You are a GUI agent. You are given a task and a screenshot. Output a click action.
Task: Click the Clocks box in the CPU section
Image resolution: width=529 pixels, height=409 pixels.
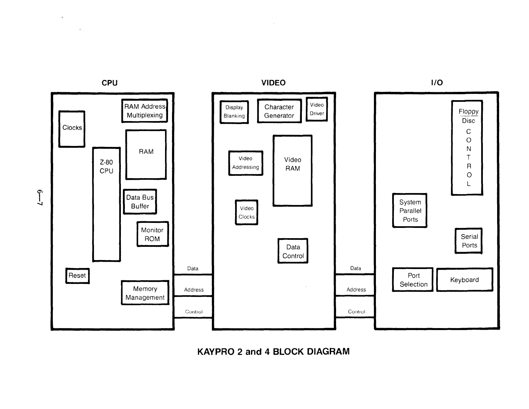72,129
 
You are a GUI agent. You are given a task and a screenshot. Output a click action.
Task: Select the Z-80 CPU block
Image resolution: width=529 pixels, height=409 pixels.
106,204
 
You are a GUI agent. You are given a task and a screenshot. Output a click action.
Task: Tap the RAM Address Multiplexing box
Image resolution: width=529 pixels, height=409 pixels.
144,111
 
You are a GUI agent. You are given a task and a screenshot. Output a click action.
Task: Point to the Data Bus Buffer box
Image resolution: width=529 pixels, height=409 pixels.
140,202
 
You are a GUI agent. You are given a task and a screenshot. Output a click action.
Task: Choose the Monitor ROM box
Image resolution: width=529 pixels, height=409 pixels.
152,234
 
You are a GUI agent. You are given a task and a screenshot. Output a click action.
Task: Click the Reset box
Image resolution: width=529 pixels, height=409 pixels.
77,276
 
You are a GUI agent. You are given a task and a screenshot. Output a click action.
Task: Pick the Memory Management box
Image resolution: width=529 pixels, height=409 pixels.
145,293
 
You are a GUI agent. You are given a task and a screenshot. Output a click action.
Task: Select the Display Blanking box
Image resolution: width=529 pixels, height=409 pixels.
234,112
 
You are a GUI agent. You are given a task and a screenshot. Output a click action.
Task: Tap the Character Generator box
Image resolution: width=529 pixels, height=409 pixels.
279,111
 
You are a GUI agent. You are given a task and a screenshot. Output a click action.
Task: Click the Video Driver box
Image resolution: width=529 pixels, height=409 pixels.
317,109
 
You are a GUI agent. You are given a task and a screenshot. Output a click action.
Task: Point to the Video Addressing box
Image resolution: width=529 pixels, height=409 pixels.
246,163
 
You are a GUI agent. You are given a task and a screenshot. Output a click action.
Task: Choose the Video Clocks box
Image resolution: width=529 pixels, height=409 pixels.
247,212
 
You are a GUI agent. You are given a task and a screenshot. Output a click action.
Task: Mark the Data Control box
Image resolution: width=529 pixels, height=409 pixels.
293,251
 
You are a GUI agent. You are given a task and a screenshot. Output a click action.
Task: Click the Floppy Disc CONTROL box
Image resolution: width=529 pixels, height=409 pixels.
467,148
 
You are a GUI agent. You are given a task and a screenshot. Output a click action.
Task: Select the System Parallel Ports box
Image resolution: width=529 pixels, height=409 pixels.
410,211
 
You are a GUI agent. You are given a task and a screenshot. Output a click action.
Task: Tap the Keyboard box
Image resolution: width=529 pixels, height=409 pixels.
464,280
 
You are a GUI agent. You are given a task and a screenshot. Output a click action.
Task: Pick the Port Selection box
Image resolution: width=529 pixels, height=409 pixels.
413,280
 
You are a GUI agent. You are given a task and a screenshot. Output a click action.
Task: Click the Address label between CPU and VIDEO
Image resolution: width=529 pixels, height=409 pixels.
194,290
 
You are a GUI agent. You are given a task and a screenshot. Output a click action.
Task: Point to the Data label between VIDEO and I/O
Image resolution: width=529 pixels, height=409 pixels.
355,268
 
